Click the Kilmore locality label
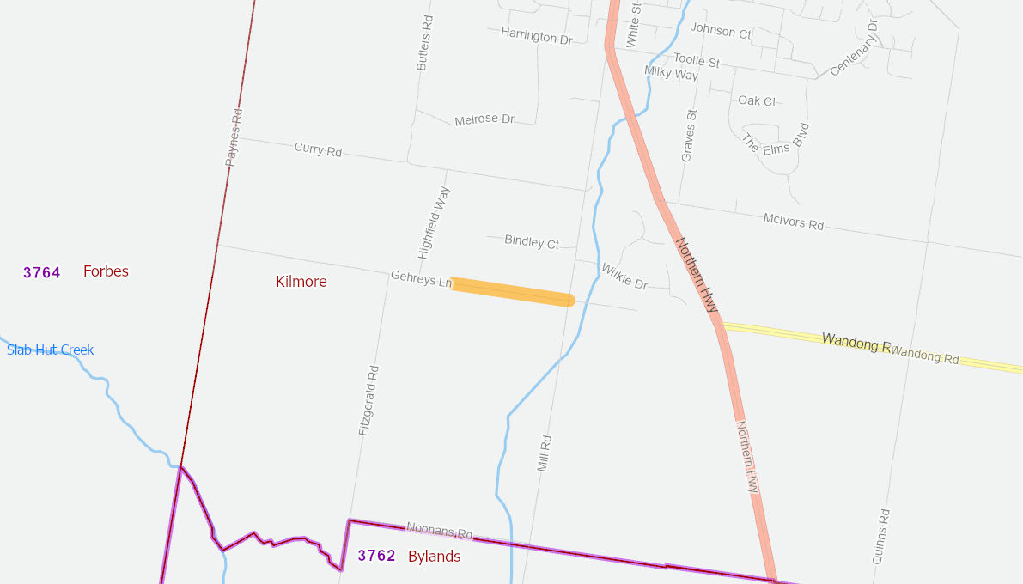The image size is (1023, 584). (301, 282)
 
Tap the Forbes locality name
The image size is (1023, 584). (106, 271)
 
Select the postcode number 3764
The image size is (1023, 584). (42, 273)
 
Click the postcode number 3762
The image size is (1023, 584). (376, 556)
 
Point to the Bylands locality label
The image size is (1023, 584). (434, 557)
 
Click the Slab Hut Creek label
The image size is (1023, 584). (50, 350)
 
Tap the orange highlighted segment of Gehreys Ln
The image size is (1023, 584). (512, 292)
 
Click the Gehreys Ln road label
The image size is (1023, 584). (421, 279)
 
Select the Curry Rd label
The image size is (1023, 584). (318, 149)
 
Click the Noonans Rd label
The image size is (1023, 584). (440, 532)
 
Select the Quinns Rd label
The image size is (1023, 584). (881, 536)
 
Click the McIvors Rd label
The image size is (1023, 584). (793, 222)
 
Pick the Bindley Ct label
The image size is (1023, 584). (532, 243)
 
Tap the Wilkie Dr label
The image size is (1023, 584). (624, 276)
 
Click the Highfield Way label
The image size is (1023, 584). (434, 222)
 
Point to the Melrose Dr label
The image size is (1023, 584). (484, 119)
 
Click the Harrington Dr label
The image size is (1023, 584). (536, 37)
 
